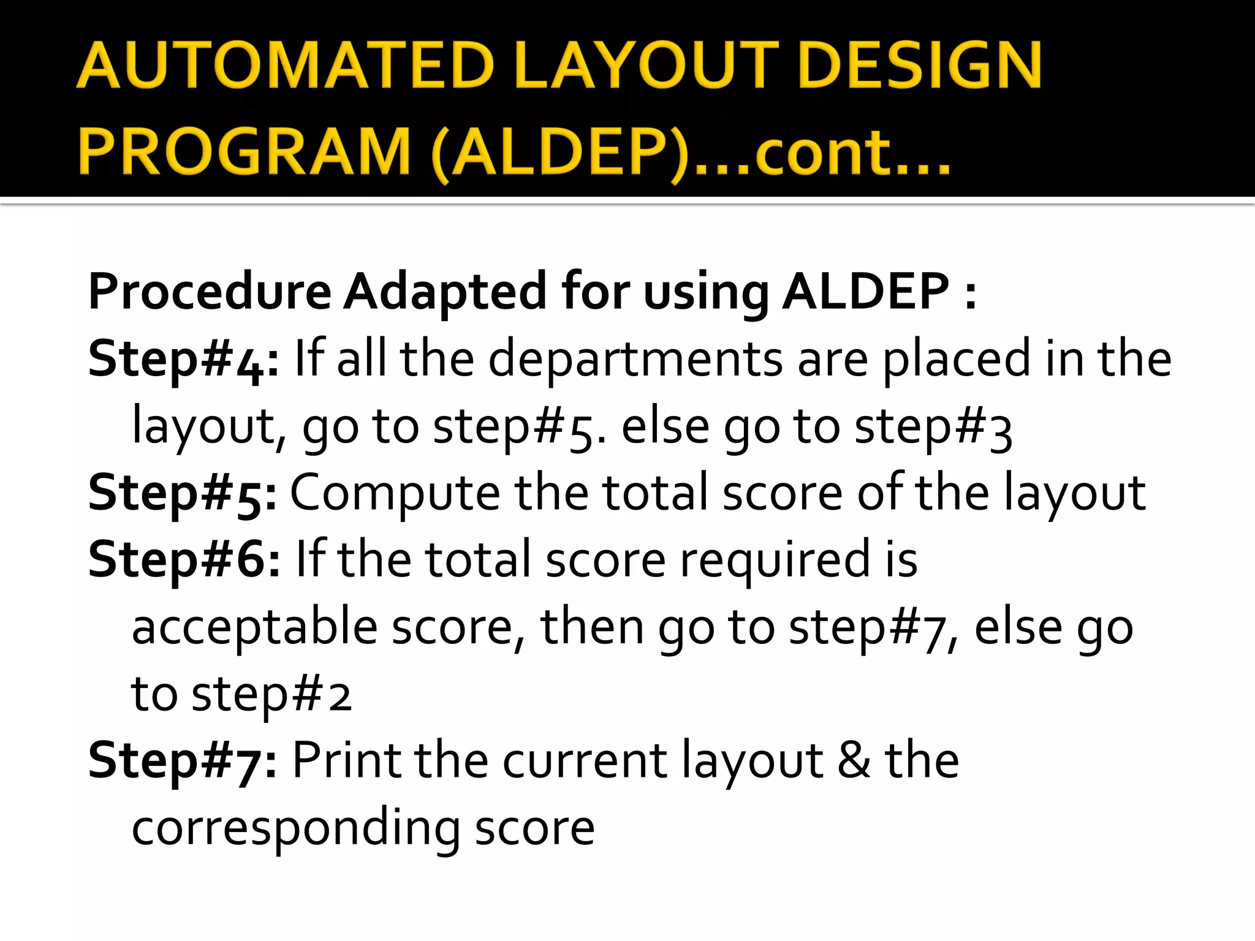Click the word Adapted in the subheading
(x=444, y=292)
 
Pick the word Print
(x=346, y=760)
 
